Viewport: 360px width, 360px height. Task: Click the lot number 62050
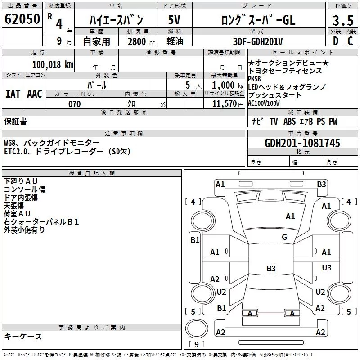(x=22, y=19)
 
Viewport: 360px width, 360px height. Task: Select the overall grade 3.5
(x=343, y=20)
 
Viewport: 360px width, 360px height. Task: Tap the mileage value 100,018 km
(x=53, y=65)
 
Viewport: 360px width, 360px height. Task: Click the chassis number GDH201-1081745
(x=302, y=143)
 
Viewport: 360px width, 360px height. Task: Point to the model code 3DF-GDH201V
(x=258, y=41)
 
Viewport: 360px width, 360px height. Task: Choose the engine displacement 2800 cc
(x=141, y=41)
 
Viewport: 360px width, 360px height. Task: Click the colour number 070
(x=75, y=104)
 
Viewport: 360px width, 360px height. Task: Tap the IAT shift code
(x=13, y=94)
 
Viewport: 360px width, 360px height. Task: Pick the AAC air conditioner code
(x=35, y=94)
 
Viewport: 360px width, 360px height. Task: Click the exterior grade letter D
(x=336, y=41)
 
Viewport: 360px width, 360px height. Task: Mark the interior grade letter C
(x=350, y=41)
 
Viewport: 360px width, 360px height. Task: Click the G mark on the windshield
(x=284, y=237)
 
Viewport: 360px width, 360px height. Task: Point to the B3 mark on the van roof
(x=271, y=268)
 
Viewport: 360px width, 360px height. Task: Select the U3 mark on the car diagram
(x=327, y=267)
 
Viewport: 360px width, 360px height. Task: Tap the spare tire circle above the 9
(x=197, y=328)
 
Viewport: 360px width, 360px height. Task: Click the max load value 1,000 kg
(x=228, y=85)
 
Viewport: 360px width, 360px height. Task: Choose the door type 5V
(x=174, y=20)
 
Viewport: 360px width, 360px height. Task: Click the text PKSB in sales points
(x=254, y=79)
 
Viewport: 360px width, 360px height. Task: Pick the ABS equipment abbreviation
(x=289, y=121)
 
